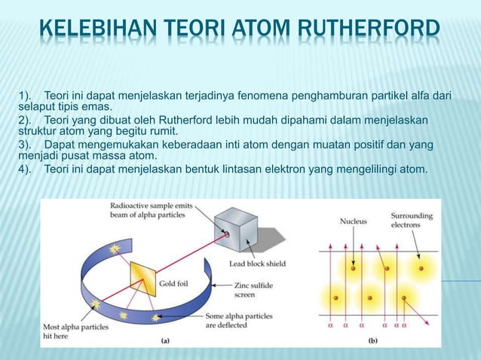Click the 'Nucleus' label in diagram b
coord(353,222)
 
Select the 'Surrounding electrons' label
coord(412,220)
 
